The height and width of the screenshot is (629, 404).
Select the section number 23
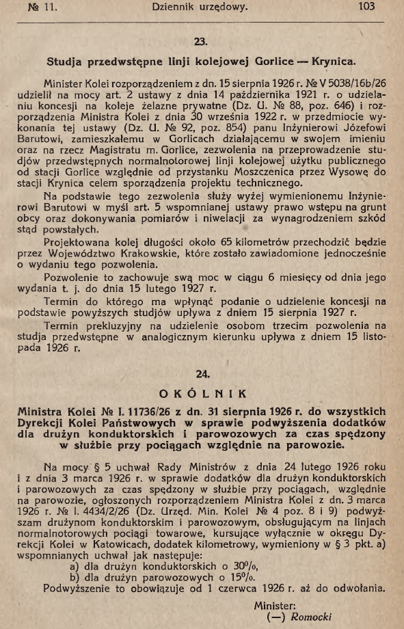coord(201,42)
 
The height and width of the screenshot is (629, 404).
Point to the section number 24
coord(201,374)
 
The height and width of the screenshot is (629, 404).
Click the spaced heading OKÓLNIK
coord(201,394)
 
